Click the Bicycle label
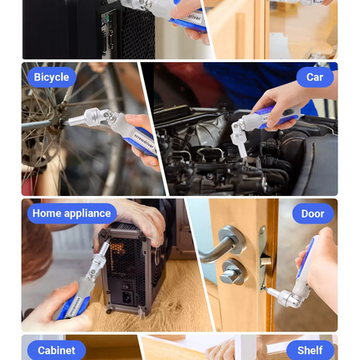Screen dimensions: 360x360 52,77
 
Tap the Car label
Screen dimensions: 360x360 314,77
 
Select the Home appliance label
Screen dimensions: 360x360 71,213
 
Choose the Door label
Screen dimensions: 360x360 312,213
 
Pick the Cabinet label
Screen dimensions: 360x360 56,350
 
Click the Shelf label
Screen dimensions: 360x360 309,350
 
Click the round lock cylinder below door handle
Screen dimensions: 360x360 233,271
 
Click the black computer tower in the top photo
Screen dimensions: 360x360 75,29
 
